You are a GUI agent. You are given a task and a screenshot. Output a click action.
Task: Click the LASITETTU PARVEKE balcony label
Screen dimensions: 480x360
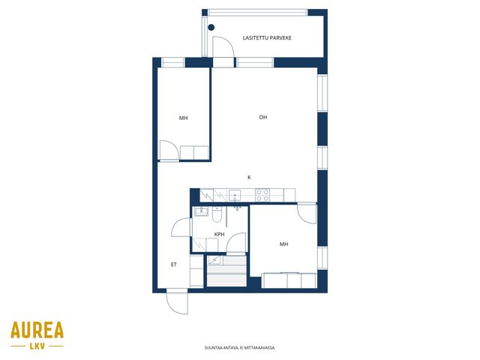point(267,38)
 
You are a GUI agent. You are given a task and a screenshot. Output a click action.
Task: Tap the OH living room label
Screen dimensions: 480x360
point(263,117)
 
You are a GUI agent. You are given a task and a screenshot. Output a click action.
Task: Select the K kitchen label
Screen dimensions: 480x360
point(249,177)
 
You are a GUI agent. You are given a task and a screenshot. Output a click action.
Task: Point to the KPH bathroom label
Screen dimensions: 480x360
point(219,234)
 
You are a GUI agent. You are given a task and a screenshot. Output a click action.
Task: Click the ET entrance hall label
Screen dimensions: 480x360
point(173,265)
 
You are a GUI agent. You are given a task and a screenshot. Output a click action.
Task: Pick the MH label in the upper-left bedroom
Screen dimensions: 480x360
point(183,118)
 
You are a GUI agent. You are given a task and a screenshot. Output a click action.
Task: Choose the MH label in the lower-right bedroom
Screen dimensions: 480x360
point(283,244)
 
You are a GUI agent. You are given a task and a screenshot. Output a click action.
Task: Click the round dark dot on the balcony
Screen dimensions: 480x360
point(211,27)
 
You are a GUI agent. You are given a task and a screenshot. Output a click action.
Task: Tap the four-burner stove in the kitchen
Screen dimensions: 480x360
point(262,195)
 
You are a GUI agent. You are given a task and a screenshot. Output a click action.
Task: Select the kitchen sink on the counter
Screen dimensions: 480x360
point(235,195)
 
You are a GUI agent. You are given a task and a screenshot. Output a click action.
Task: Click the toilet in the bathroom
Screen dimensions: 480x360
point(217,214)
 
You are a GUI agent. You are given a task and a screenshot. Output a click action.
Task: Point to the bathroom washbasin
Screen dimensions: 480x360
point(201,211)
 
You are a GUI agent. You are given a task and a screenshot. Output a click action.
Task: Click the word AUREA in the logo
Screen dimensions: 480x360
point(37,330)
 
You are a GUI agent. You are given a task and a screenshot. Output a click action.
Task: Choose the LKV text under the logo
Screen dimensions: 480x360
point(37,346)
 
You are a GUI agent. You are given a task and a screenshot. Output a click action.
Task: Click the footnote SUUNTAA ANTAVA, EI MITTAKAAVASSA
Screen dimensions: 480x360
point(240,348)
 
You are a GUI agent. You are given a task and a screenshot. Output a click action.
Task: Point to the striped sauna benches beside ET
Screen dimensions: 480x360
point(226,271)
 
